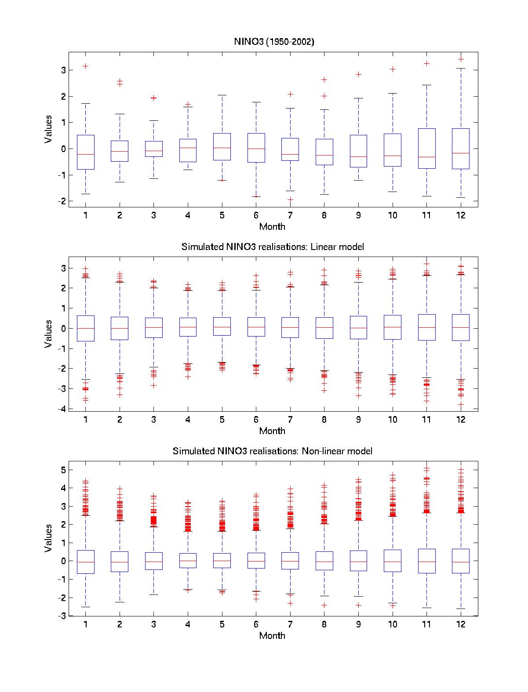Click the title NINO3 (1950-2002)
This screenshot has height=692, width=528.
pos(273,42)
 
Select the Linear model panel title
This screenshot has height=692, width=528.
pos(273,247)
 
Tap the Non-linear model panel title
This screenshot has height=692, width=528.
pos(272,451)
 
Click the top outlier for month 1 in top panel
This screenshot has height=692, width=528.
pos(85,66)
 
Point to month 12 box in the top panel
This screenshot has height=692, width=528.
pos(461,149)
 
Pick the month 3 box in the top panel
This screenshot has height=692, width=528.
pos(153,149)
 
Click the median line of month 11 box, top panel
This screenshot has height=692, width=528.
pos(426,157)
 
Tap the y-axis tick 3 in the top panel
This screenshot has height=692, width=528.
pos(63,70)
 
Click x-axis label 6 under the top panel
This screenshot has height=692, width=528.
pos(256,215)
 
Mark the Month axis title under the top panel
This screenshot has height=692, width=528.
pos(272,227)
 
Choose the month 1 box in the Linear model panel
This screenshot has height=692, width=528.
pos(85,328)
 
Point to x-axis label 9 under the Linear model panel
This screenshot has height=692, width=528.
pos(358,420)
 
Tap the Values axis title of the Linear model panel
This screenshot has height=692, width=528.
pos(48,334)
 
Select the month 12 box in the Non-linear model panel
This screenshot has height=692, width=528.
pos(461,561)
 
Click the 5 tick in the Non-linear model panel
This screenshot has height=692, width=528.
pos(63,470)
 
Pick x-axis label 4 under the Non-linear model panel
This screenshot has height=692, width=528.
pos(188,624)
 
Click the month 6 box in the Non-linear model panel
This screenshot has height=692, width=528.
pos(256,561)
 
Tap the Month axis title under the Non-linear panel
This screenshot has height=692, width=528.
pos(272,636)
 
